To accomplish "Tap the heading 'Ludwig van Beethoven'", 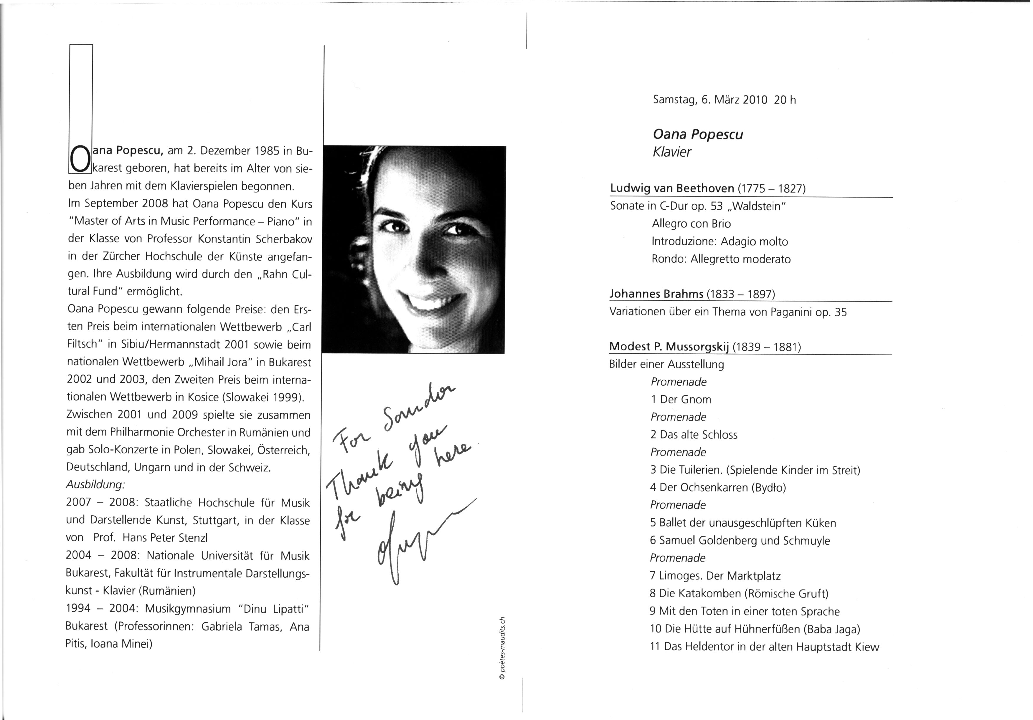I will pyautogui.click(x=672, y=188).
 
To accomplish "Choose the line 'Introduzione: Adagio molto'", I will pyautogui.click(x=720, y=241).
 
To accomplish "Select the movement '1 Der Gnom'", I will pyautogui.click(x=681, y=399).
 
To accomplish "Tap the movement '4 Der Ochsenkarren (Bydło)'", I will pyautogui.click(x=718, y=487).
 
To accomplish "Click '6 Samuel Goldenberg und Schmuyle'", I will pyautogui.click(x=740, y=541).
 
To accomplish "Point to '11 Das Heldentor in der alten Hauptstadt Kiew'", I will pyautogui.click(x=764, y=647).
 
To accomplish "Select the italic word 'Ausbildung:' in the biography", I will pyautogui.click(x=95, y=485).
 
